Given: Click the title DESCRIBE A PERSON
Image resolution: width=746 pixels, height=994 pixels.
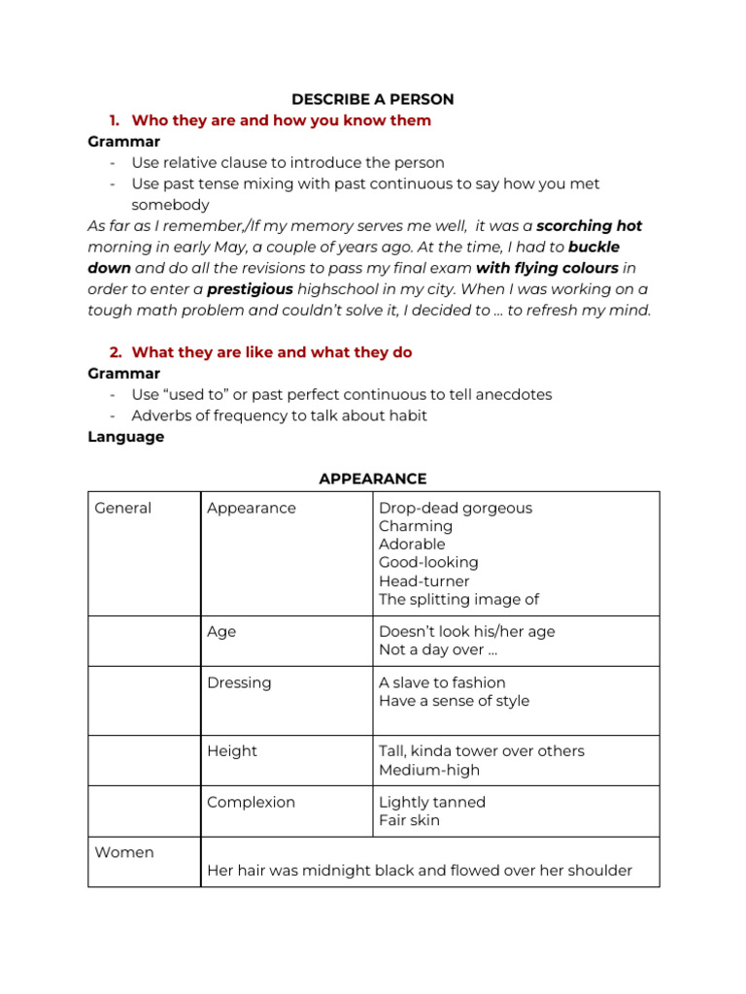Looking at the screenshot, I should click(x=373, y=99).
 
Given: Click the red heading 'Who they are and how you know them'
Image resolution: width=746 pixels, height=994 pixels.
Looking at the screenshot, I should click(x=281, y=120).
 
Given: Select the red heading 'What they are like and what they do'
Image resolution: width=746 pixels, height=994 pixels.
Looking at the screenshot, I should click(x=272, y=352).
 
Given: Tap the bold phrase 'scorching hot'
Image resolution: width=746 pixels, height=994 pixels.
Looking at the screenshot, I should click(x=590, y=225).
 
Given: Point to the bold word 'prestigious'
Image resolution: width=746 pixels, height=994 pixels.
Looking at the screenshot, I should click(x=250, y=289).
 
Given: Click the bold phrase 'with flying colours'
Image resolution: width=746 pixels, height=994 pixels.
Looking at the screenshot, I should click(x=547, y=268).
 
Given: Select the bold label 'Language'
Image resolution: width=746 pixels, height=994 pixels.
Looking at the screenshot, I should click(x=125, y=437).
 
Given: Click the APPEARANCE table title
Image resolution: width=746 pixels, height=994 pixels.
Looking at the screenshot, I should click(x=373, y=479).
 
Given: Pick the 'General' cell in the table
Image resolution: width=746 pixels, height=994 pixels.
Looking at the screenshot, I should click(x=123, y=508).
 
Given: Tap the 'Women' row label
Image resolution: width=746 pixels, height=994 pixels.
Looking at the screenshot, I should click(x=123, y=852).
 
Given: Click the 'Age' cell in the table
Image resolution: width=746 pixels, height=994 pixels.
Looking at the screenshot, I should click(x=221, y=631).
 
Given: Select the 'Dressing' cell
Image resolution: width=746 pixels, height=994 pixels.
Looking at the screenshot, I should click(x=239, y=682).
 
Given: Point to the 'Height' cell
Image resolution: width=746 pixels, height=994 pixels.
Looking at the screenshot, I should click(x=232, y=750).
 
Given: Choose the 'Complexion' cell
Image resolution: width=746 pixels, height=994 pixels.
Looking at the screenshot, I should click(x=251, y=802).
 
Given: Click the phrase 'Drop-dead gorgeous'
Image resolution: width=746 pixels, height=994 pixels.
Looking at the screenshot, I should click(x=456, y=508).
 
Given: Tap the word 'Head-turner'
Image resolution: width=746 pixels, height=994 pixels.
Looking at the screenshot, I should click(x=424, y=581).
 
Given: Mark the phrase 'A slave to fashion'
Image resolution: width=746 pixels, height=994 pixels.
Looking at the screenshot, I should click(x=442, y=682).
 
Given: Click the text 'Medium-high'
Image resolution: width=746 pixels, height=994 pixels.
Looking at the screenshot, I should click(x=429, y=770).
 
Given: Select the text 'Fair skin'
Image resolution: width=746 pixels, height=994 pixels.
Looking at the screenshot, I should click(x=409, y=820).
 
